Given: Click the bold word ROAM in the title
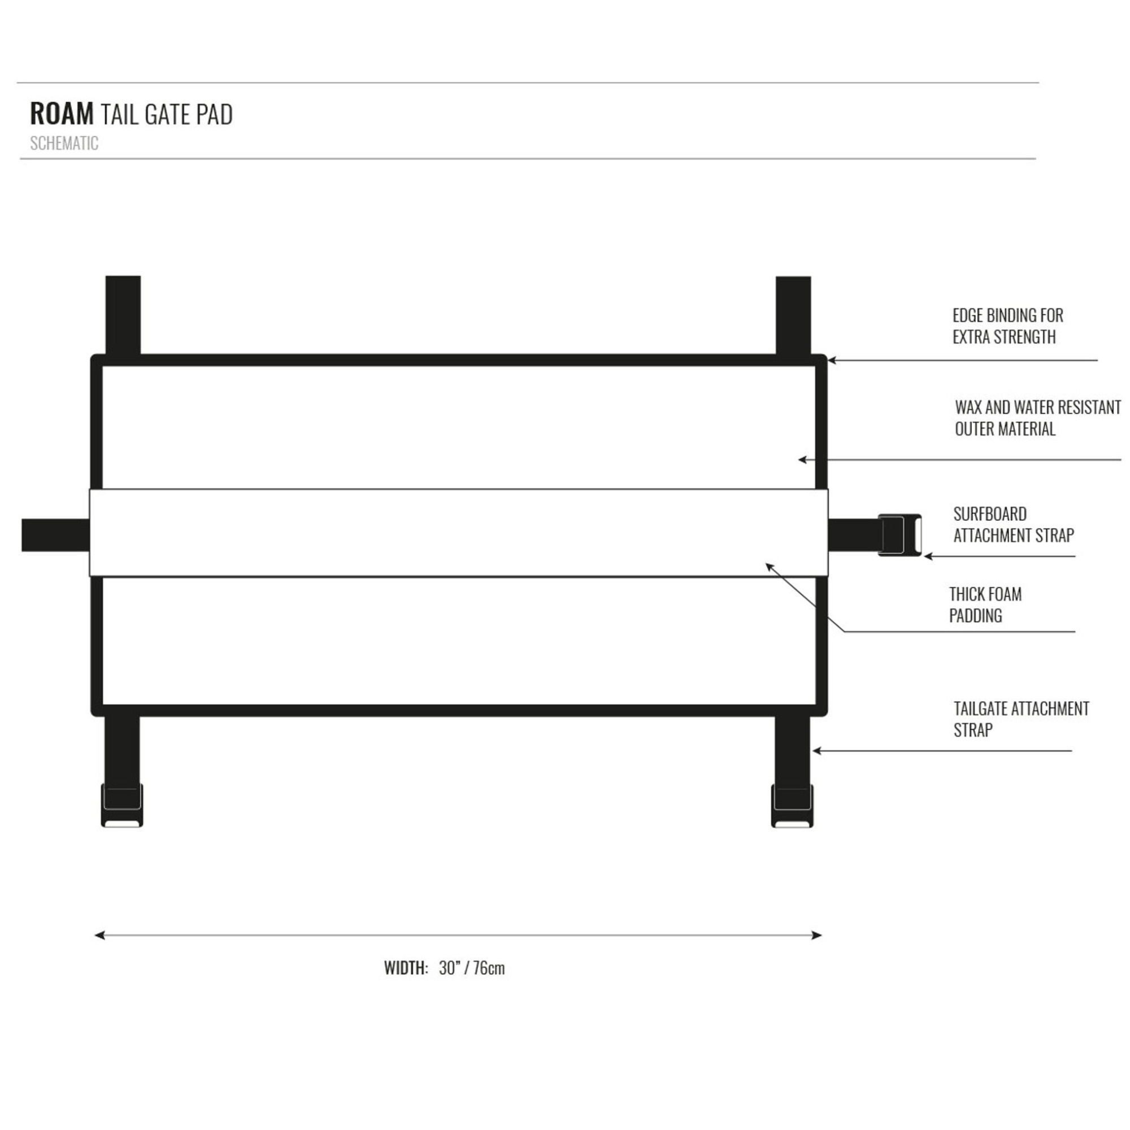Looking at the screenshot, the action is (62, 114).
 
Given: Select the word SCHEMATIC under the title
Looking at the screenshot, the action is (64, 144).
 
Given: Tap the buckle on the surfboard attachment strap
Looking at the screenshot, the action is (899, 534).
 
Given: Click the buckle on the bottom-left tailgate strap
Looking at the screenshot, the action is (121, 805).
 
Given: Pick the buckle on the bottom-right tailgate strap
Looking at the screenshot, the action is (792, 805).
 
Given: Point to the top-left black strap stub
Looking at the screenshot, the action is (123, 315).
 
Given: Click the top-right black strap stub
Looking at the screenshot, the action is (793, 315).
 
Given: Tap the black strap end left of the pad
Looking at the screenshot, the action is (55, 534).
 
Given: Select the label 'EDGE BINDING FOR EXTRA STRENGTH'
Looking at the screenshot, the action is (1008, 327).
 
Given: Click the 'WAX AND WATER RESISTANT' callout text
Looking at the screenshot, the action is (1038, 407).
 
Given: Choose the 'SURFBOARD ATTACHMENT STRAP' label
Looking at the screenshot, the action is (1014, 525).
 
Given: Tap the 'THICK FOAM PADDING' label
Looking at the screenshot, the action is (985, 605).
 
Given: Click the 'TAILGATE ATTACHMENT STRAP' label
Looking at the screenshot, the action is (1021, 719).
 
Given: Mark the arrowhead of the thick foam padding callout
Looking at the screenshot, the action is (770, 566).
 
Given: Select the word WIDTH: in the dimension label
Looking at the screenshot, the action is (406, 968).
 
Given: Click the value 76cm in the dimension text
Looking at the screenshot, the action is (489, 968).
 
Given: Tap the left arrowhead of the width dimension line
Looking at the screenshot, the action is (99, 935).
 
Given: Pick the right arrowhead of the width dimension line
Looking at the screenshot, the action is (817, 935).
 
